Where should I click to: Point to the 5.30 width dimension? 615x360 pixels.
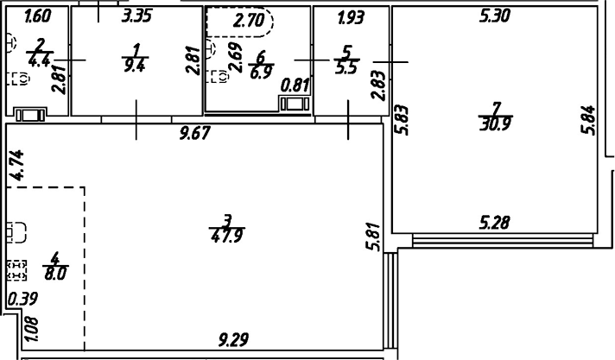click(x=495, y=16)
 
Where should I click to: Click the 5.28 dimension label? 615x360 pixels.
click(x=495, y=223)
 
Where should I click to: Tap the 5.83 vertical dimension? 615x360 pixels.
click(x=401, y=120)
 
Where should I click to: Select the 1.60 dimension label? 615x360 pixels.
click(x=38, y=16)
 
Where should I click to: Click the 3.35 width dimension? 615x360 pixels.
click(x=138, y=16)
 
